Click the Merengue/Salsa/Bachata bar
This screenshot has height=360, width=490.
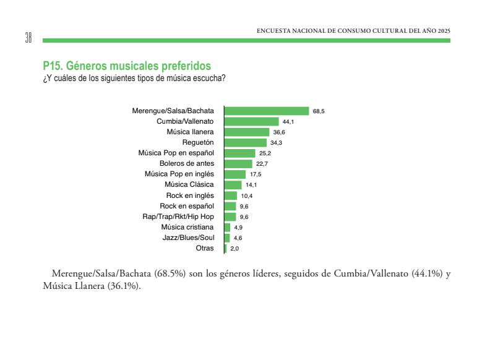(266, 111)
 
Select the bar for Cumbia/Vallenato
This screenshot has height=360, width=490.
(251, 121)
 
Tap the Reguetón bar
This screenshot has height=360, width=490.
(245, 142)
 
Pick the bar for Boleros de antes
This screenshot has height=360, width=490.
(238, 164)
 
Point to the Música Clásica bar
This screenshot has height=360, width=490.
(233, 185)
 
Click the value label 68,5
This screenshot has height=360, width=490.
(319, 111)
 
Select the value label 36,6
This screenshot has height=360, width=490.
(279, 132)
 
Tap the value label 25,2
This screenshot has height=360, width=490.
(265, 153)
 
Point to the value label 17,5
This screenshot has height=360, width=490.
(255, 174)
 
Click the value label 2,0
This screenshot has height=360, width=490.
(234, 249)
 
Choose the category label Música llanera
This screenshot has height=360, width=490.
(190, 132)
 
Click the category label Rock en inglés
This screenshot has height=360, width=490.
(190, 195)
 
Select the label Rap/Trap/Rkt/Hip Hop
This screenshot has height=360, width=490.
(178, 216)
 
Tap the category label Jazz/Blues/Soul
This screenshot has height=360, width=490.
(188, 238)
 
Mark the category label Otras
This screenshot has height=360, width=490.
(205, 248)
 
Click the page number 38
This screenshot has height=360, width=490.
(28, 38)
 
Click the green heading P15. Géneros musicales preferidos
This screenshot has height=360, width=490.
(127, 66)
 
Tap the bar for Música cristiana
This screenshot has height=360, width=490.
(227, 227)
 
